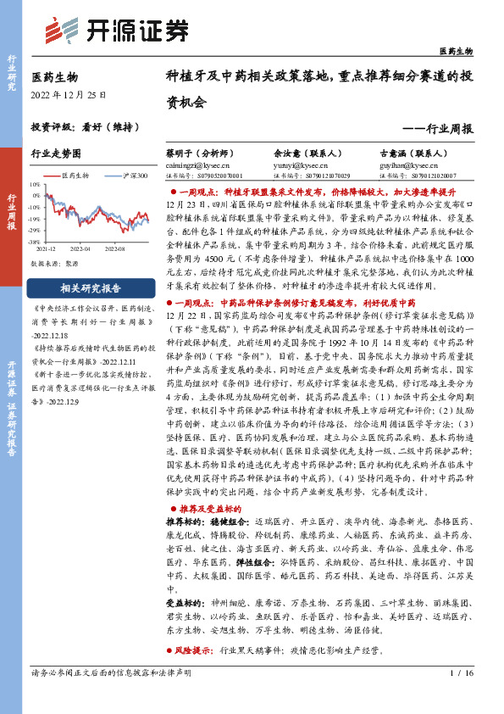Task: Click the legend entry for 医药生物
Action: coord(75,175)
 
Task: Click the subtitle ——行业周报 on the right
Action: coord(437,128)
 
